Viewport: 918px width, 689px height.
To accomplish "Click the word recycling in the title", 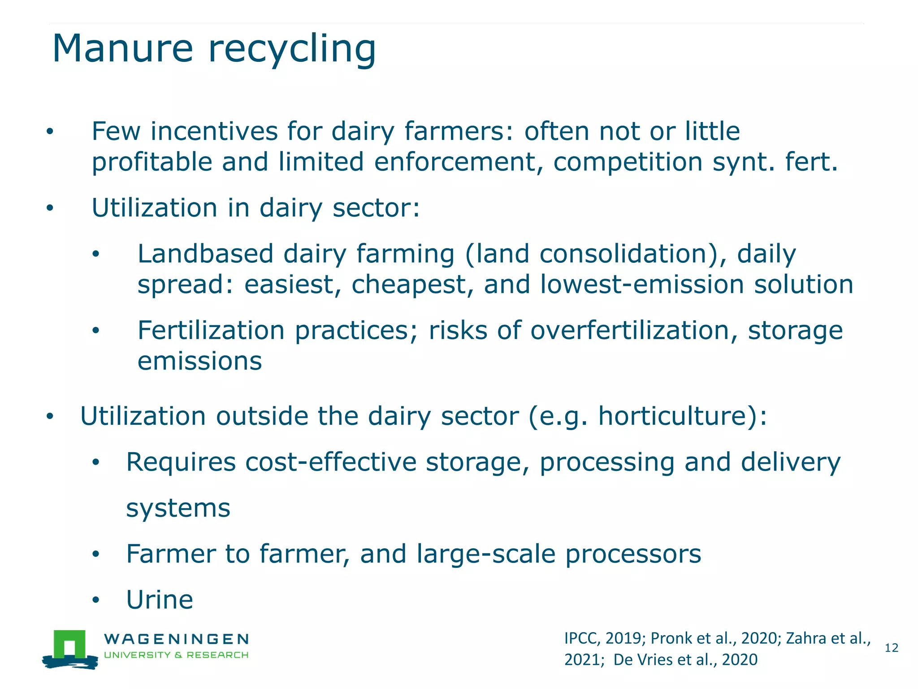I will coord(292,49).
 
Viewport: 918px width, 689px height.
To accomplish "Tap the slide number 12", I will coord(891,648).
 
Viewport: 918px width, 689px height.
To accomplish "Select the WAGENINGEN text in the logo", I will coord(176,639).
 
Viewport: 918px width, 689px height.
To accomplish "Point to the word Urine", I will coord(160,600).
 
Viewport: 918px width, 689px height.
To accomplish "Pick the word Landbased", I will coord(205,254).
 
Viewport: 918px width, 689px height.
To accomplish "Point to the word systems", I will coord(178,508).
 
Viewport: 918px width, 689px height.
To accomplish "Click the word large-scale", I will coord(486,554).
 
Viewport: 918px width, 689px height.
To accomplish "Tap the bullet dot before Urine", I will coord(95,600).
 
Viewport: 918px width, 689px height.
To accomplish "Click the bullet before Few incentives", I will coord(50,132).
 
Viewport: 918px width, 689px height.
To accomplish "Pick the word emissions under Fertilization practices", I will coord(199,362).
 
